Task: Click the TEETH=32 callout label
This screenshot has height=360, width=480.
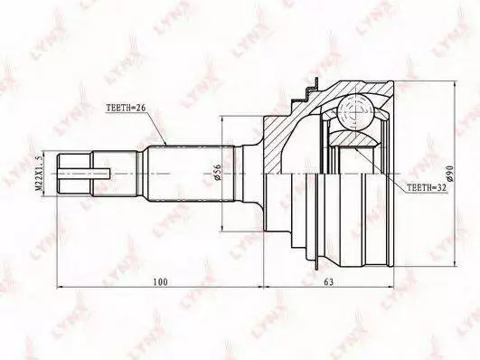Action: pyautogui.click(x=426, y=187)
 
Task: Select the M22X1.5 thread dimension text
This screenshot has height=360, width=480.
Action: pyautogui.click(x=39, y=173)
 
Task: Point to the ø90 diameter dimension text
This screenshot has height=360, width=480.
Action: pyautogui.click(x=449, y=173)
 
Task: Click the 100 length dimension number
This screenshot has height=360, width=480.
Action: pyautogui.click(x=160, y=281)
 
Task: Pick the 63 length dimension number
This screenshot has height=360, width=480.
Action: pyautogui.click(x=328, y=281)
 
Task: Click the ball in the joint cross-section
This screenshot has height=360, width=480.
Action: pyautogui.click(x=356, y=112)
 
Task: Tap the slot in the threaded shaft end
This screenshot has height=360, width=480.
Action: pyautogui.click(x=84, y=174)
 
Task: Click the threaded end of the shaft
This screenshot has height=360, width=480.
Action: pyautogui.click(x=74, y=174)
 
